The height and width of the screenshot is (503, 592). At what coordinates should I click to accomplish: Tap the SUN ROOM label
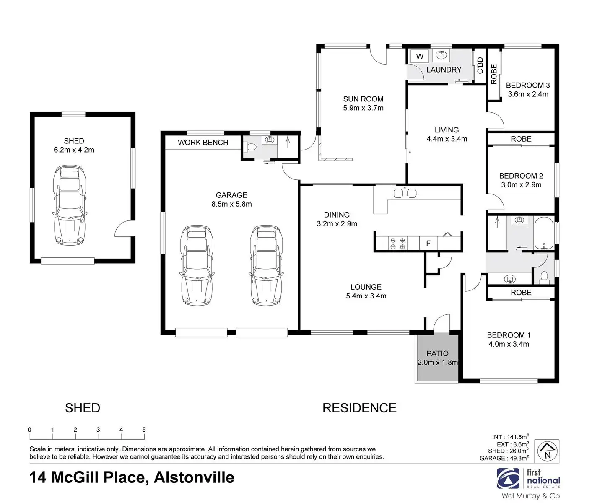(363, 99)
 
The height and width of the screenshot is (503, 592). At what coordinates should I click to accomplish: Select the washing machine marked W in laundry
(420, 57)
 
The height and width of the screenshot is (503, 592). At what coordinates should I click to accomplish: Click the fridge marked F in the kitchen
(428, 244)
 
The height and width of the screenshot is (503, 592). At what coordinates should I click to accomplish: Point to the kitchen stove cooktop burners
(397, 244)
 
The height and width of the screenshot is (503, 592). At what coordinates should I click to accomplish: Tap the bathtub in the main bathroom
(544, 233)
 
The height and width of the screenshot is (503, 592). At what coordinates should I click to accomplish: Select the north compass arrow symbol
(547, 451)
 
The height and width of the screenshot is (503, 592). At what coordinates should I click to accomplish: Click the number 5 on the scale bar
(144, 430)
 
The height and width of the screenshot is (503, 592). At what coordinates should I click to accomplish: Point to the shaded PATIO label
(437, 353)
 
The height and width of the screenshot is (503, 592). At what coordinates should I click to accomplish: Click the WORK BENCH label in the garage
(203, 142)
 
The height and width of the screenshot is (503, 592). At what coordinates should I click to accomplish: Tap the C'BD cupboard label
(480, 65)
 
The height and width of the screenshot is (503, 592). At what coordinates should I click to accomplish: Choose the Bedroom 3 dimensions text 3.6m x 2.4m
(528, 94)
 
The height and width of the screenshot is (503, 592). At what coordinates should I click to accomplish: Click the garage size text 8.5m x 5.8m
(231, 204)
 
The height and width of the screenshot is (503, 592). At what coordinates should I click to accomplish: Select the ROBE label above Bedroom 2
(521, 139)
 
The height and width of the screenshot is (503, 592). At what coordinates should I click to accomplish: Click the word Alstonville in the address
(194, 477)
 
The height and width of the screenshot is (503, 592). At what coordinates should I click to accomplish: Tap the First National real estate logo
(528, 479)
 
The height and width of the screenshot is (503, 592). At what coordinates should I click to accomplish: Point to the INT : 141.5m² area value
(510, 437)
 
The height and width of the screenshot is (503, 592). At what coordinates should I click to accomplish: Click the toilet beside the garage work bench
(250, 147)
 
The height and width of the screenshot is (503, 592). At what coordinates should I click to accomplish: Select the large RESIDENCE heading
(359, 408)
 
